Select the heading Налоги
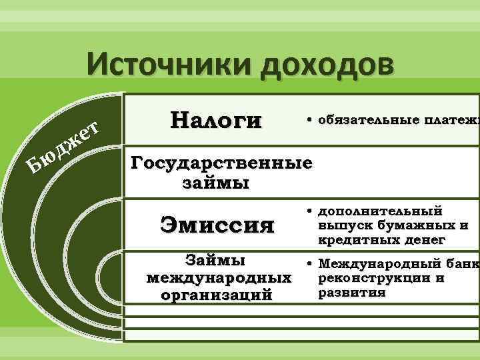[216, 120]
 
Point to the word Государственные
[222, 163]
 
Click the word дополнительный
[379, 211]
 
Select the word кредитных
[355, 239]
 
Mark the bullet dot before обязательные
[311, 120]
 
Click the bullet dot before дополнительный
[311, 211]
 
